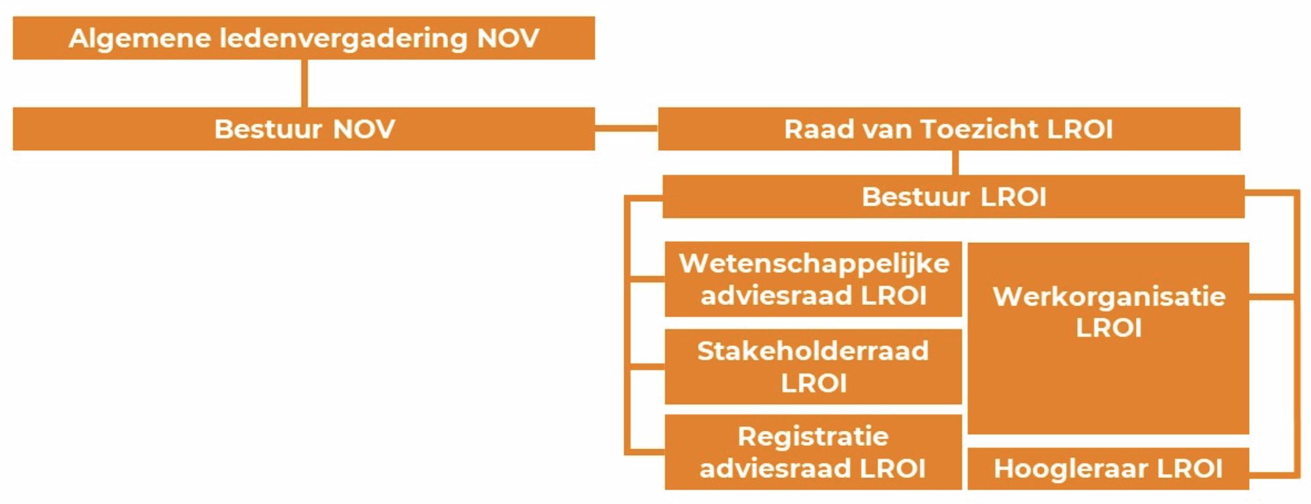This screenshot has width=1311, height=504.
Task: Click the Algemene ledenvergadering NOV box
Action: point(304,38)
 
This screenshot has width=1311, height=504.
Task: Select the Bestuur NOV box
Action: point(304,129)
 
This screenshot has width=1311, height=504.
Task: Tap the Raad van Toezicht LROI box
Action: point(949,129)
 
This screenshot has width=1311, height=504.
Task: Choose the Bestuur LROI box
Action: point(953,197)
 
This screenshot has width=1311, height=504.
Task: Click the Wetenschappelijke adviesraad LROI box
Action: point(813,279)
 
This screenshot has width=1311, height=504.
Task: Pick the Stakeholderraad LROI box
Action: point(813,366)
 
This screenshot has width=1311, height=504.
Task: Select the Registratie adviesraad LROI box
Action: point(813,452)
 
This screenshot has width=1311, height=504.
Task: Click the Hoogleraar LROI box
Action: point(1108,468)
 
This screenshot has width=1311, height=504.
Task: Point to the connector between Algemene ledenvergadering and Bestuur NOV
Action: point(304,84)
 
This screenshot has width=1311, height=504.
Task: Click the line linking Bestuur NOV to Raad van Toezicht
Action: point(626,129)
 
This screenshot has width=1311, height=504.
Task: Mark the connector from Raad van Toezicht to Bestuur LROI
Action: point(955,163)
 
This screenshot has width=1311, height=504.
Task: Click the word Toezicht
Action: point(979,129)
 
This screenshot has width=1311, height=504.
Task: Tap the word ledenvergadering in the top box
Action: point(343,38)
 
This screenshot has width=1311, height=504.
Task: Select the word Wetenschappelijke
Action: point(814,264)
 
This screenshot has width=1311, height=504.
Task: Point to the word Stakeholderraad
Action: point(813,351)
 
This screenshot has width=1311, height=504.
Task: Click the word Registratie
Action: point(813,436)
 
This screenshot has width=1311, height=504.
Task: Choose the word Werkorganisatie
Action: point(1109,296)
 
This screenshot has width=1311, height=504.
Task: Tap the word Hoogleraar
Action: point(1068,468)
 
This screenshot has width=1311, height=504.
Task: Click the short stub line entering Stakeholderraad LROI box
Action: point(646,366)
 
